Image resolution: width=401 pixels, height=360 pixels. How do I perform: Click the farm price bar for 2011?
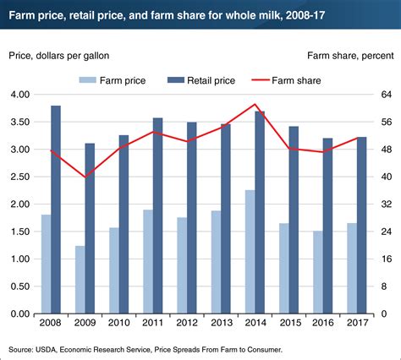[x=148, y=261]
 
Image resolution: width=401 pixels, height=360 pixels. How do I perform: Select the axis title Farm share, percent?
[x=344, y=55]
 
